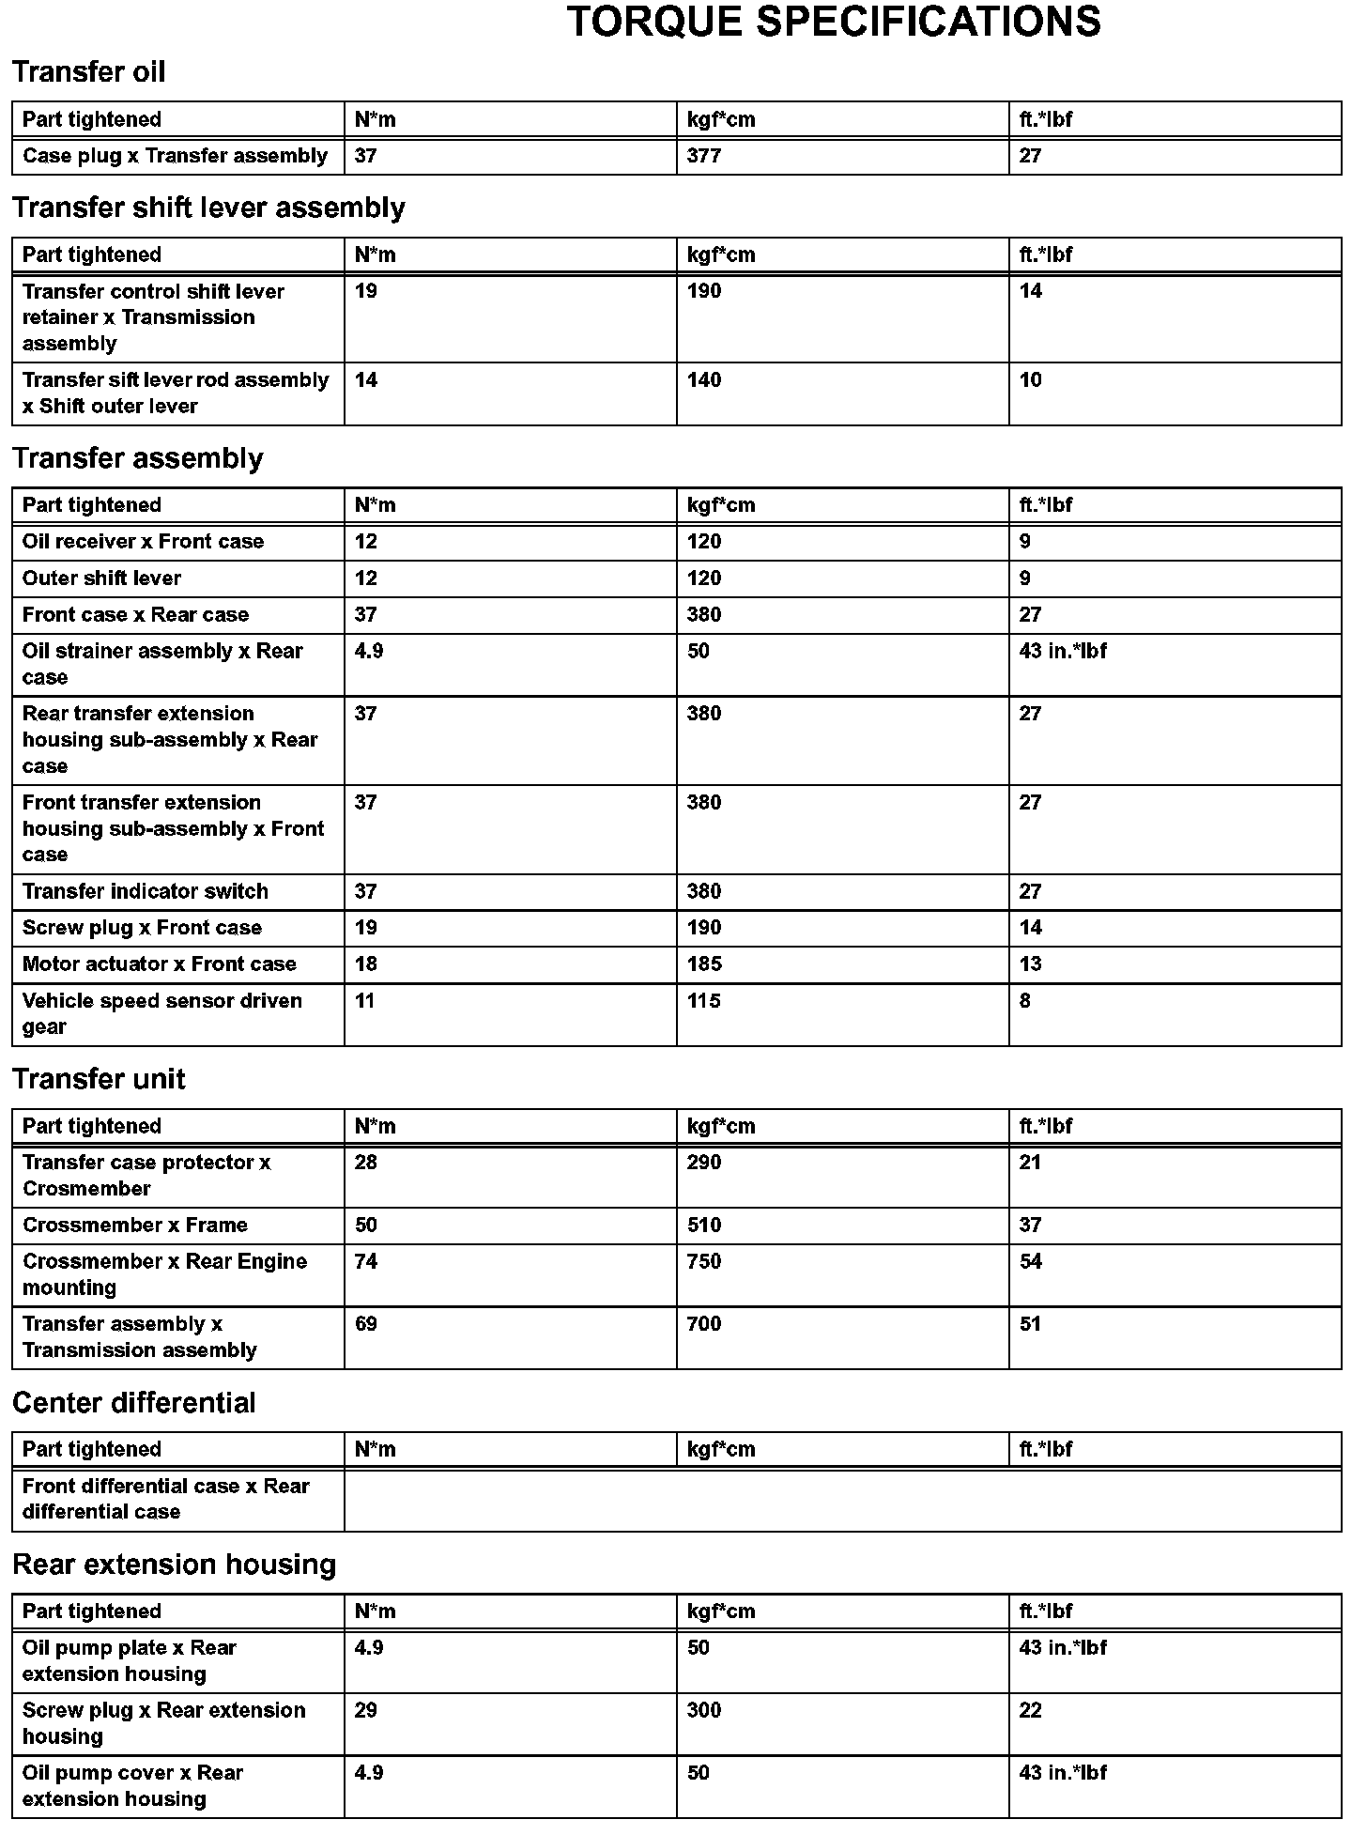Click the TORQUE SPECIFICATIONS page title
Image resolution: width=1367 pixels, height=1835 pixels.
834,23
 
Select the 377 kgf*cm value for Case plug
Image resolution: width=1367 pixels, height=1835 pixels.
704,156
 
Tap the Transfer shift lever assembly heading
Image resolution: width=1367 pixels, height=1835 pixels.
208,208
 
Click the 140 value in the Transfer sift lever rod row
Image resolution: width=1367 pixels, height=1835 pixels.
704,380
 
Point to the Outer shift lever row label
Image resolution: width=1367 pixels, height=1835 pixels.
101,578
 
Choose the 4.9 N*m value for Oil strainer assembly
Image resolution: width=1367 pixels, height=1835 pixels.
369,651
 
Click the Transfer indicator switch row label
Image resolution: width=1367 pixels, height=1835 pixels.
146,891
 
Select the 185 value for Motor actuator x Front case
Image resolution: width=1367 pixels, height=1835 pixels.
704,964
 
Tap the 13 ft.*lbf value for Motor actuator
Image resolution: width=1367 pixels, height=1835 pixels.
1030,964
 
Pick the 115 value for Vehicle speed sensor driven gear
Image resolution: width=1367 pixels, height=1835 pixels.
704,1001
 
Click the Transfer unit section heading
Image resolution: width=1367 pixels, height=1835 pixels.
99,1079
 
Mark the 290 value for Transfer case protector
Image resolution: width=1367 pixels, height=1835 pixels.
704,1163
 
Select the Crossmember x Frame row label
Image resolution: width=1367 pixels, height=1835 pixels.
135,1226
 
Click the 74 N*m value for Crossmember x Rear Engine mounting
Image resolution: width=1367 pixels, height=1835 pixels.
366,1262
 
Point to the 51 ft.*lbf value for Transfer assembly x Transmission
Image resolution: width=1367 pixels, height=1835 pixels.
1030,1324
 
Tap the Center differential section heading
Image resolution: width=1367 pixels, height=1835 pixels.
134,1403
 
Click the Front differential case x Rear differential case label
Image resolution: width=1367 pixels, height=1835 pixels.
166,1499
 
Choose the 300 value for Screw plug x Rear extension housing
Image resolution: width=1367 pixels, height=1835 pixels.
704,1710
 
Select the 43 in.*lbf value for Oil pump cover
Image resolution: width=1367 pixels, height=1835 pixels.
1063,1773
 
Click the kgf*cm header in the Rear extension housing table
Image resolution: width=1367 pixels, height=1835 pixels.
721,1611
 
